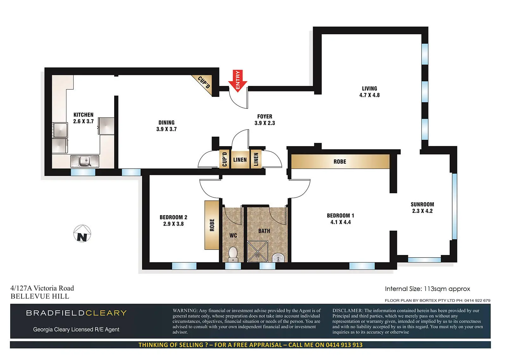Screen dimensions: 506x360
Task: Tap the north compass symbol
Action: pos(82,233)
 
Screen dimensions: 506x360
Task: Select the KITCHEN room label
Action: pos(83,115)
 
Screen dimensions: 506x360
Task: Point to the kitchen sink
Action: pos(85,161)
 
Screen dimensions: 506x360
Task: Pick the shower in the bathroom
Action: pos(257,251)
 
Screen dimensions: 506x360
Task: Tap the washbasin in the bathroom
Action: pos(278,258)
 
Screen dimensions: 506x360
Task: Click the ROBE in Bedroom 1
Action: pos(340,162)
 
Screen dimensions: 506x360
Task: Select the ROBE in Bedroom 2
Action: pos(212,225)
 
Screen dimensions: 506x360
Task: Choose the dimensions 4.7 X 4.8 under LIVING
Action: pos(369,95)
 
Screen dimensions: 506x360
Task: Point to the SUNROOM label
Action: pos(422,205)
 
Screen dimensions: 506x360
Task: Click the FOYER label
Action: pos(265,117)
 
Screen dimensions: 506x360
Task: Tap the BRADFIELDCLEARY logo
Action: pos(76,313)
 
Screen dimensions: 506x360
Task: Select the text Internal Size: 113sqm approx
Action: pos(427,289)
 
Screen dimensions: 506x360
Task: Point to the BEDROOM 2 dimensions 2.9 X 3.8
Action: pos(173,224)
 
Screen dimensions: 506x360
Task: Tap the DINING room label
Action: pos(166,123)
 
